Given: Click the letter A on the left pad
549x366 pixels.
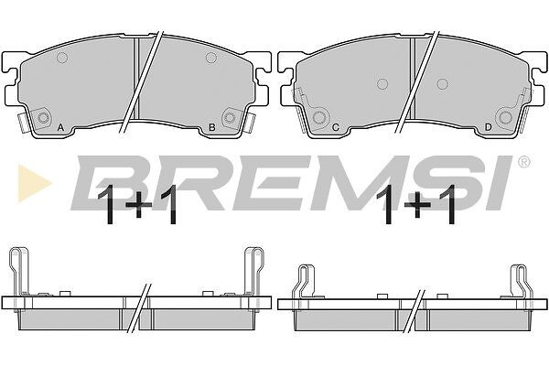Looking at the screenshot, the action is (60, 127).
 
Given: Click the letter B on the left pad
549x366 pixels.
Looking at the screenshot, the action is (212, 127).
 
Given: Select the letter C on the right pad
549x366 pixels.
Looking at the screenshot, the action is (336, 127).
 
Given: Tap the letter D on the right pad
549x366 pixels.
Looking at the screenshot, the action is (488, 127).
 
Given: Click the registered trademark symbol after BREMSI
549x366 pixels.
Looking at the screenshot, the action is (523, 162).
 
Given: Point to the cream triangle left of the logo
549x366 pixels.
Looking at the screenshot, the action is (34, 183).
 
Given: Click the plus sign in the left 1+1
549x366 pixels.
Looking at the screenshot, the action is (139, 205).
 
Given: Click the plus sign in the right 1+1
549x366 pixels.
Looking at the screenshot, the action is (416, 204).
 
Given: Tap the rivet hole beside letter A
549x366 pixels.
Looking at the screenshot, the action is (43, 118).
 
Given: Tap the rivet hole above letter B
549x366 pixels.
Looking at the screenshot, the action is (230, 117).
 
